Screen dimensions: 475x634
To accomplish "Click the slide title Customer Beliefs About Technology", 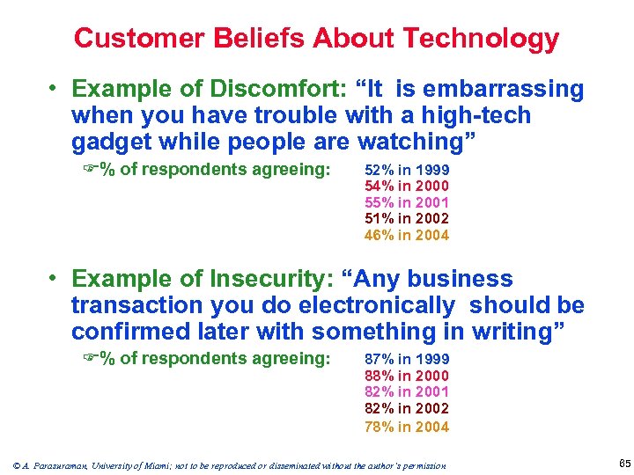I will (316, 38).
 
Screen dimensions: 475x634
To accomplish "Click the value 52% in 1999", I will (406, 170).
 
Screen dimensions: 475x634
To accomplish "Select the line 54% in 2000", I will (406, 186).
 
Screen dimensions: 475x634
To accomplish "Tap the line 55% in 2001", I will (406, 202).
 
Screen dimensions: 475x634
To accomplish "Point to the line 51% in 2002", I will (406, 218).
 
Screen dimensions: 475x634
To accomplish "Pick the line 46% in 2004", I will (406, 235).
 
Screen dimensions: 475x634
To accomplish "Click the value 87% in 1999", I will (406, 359).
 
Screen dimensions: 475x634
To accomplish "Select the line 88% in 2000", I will (406, 376).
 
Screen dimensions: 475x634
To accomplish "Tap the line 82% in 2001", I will (406, 391).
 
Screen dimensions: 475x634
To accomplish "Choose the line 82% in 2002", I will (406, 408).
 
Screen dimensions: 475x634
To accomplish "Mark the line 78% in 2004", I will (406, 427).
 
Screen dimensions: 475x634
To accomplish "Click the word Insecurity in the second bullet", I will (264, 279).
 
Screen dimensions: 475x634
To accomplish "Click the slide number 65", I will (614, 464).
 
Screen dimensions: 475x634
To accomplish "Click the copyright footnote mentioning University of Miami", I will (229, 464).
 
